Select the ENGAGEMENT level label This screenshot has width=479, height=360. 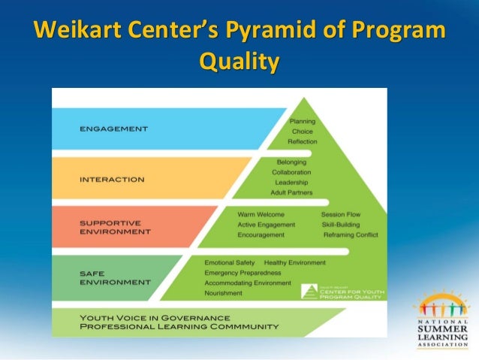113,129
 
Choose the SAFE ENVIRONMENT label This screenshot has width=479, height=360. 114,277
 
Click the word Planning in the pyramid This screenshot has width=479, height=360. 303,121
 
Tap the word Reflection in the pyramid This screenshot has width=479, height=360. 303,141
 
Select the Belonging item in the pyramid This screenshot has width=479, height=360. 291,162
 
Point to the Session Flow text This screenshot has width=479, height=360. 341,214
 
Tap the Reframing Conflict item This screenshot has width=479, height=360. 351,234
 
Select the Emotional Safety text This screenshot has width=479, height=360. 230,262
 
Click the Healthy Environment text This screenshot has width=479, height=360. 295,262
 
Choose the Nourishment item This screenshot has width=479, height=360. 224,294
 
